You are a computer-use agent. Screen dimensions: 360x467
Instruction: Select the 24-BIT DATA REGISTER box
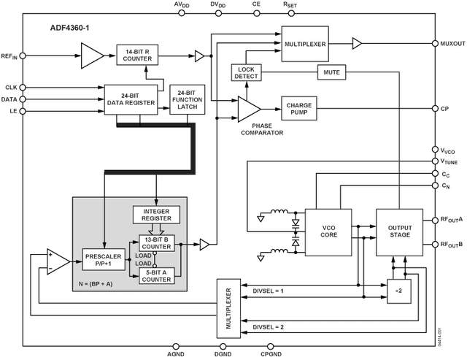[131, 99]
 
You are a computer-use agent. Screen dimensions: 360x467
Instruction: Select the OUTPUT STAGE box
[398, 231]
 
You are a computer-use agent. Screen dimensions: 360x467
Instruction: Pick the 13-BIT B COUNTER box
[157, 242]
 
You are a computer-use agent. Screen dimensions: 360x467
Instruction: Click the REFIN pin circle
[23, 54]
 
